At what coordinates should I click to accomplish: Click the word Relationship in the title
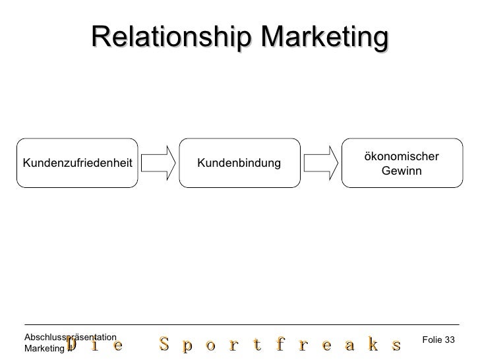coord(173,38)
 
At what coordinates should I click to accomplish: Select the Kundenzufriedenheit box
coord(77,163)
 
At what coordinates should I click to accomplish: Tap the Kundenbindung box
coord(238,163)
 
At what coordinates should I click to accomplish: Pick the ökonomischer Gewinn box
coord(401,163)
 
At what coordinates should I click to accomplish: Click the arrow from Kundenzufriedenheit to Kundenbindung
coord(158,163)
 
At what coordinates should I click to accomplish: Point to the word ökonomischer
coord(401,156)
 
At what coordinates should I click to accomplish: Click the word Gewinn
coord(401,171)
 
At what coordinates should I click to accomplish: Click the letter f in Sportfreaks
coord(282,345)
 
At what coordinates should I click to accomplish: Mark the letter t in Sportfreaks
coord(254,345)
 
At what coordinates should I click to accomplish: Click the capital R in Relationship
coord(100,38)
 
